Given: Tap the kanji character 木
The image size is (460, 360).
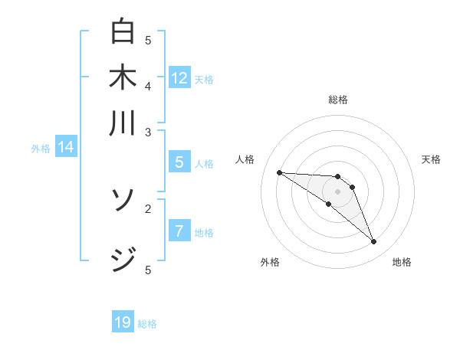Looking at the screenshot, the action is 123,78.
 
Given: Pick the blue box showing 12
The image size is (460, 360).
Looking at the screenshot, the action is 179,78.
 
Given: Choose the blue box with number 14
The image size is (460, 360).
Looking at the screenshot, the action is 66,148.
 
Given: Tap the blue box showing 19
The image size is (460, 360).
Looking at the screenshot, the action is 123,322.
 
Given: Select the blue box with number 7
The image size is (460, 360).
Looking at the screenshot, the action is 178,232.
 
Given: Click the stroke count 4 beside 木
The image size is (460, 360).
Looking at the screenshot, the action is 149,86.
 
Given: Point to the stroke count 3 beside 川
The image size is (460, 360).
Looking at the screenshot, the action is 149,132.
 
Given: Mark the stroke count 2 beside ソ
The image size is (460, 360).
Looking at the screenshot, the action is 149,208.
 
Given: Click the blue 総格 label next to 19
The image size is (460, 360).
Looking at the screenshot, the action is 148,324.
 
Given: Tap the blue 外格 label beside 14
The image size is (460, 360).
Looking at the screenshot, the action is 41,149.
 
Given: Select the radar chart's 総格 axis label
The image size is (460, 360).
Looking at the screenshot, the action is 338,100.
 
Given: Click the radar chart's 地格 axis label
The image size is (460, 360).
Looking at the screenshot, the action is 402,263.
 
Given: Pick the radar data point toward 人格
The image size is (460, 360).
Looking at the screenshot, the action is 279,172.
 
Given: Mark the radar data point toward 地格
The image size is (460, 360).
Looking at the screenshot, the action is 373,242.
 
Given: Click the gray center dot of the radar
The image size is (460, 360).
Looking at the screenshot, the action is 338,191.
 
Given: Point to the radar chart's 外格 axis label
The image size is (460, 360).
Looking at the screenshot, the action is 270,263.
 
